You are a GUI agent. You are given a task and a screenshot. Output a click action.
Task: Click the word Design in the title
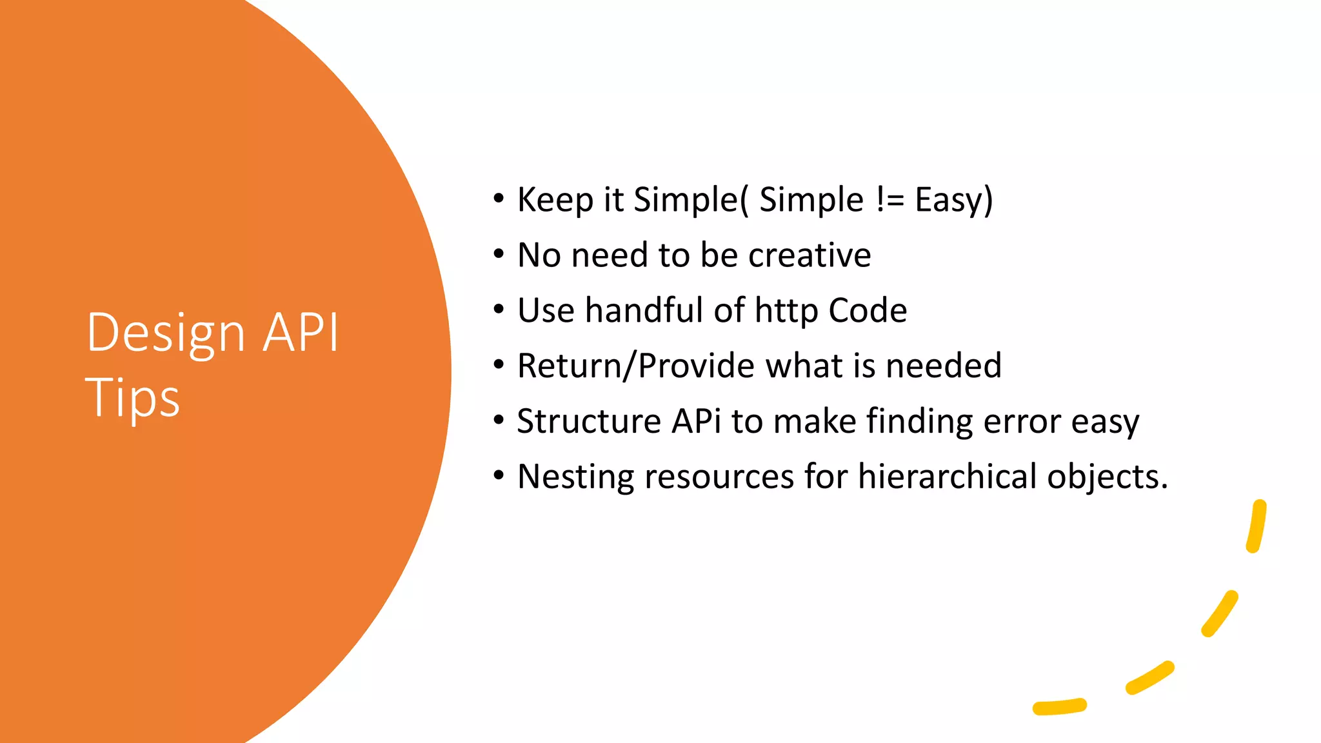coord(165,333)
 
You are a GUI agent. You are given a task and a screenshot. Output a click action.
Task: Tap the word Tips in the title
coord(132,398)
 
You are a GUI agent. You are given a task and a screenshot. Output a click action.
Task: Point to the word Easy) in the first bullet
coord(953,200)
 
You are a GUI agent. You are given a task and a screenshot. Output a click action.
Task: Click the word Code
coord(868,310)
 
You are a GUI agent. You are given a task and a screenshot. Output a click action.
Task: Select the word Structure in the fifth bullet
coord(588,421)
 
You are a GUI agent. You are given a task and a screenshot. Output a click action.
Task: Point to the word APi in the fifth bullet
coord(696,421)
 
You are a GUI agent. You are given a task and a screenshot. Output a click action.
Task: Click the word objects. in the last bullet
coord(1107,477)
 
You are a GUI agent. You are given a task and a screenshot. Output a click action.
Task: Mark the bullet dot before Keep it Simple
coord(498,199)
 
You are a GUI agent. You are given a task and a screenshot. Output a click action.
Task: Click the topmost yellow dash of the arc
coord(1256,526)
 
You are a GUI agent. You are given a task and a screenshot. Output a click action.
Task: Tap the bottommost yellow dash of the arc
coord(1059,707)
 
